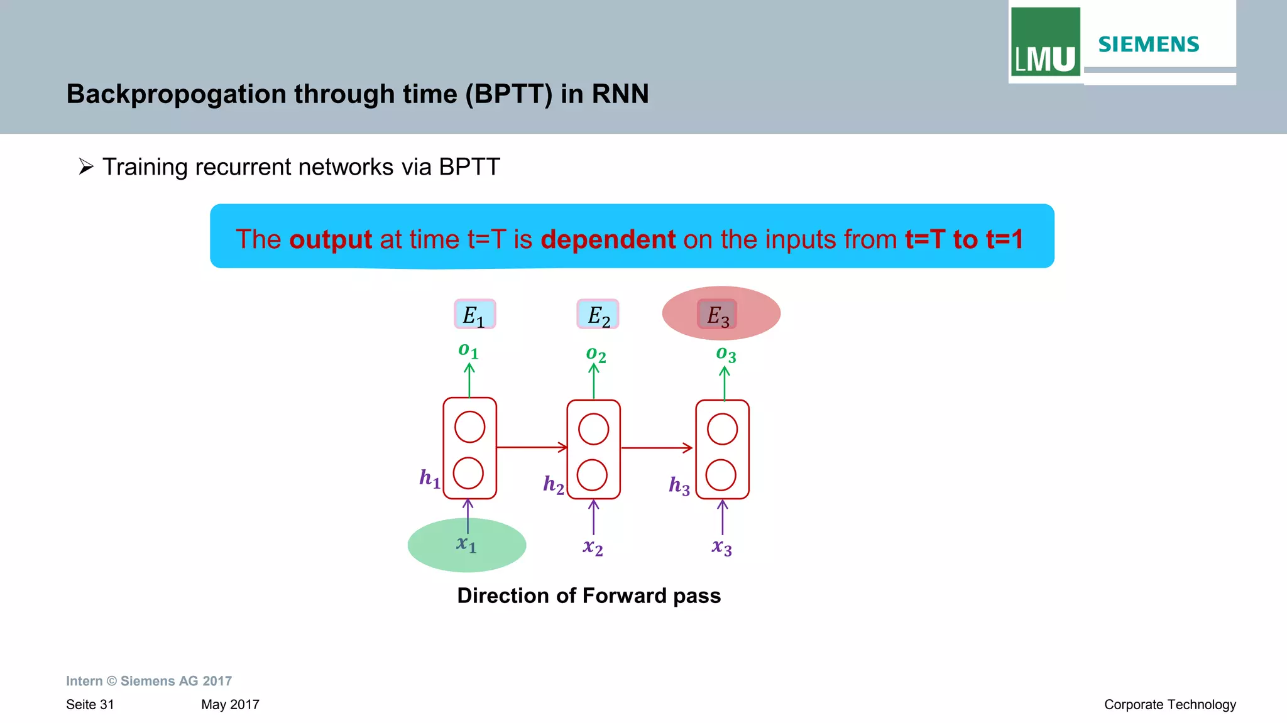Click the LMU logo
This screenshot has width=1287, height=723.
(x=1045, y=43)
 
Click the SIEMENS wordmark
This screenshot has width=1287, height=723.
(x=1148, y=45)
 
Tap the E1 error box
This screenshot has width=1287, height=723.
(x=474, y=315)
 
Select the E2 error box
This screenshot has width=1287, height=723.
(x=598, y=315)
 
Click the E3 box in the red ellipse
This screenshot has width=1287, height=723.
(x=717, y=315)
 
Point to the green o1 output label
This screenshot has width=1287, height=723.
(x=468, y=351)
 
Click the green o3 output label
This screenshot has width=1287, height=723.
(x=726, y=354)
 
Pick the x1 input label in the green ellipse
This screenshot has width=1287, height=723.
(x=466, y=544)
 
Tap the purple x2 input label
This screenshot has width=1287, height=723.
(x=593, y=547)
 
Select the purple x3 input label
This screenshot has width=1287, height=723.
(x=721, y=547)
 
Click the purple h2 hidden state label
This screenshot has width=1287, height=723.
(x=554, y=484)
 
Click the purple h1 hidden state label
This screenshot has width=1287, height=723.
(x=430, y=479)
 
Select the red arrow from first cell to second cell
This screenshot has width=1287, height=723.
(x=532, y=447)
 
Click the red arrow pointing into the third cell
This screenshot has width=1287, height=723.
(x=657, y=448)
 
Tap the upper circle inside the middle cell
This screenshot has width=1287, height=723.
(x=593, y=430)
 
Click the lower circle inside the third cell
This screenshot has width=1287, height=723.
(x=721, y=475)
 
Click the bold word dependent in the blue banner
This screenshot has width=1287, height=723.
(x=608, y=239)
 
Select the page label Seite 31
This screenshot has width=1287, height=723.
(x=90, y=704)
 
